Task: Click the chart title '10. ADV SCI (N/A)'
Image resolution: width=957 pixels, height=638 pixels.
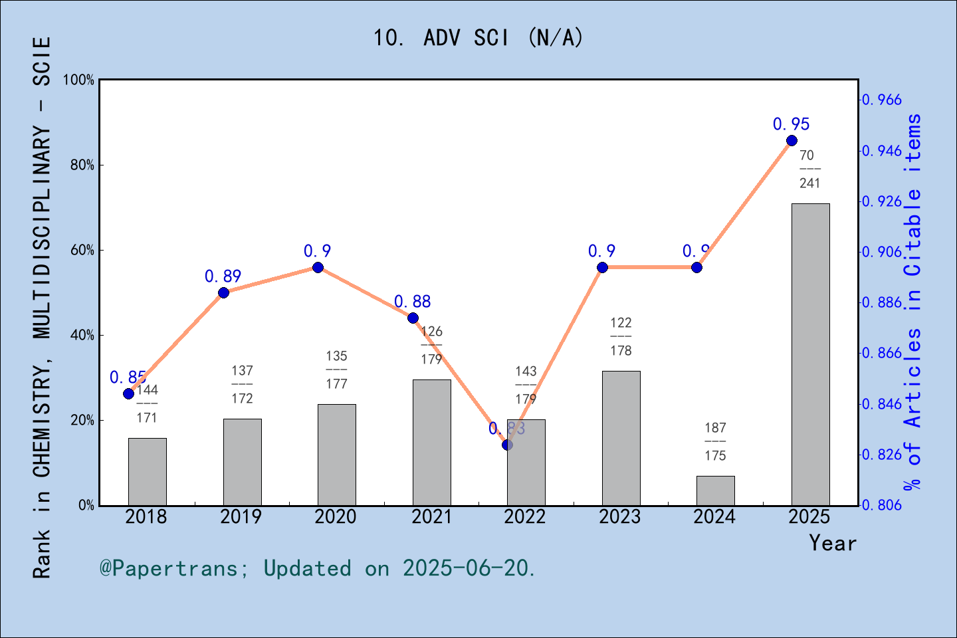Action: coord(478,38)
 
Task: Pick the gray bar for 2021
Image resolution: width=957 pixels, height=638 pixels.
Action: coord(431,442)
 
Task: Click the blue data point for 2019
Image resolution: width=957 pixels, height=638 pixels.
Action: coord(223,292)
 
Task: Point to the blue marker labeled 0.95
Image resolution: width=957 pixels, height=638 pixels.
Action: coord(792,140)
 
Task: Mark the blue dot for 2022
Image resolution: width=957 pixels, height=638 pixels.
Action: coord(507,445)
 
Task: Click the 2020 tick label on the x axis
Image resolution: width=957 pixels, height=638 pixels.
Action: coord(336,516)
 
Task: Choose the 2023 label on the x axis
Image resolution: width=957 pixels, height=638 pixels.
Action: coord(619,516)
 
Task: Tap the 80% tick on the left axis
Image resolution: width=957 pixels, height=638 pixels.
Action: coord(82,165)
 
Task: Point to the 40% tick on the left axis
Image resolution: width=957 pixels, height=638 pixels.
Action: coord(82,336)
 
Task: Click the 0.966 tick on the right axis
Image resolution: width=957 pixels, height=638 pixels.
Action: coord(883,100)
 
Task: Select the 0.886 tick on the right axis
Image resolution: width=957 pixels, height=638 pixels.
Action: coord(883,303)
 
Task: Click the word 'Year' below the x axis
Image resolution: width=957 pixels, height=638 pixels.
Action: coord(833,543)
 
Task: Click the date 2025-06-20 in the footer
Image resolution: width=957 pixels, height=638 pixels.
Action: coord(466,568)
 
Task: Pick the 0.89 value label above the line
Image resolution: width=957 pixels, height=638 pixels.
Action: coord(223,276)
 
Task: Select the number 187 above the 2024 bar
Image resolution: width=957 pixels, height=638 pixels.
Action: coord(715,428)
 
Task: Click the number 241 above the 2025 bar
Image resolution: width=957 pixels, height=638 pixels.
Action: coord(809,183)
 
